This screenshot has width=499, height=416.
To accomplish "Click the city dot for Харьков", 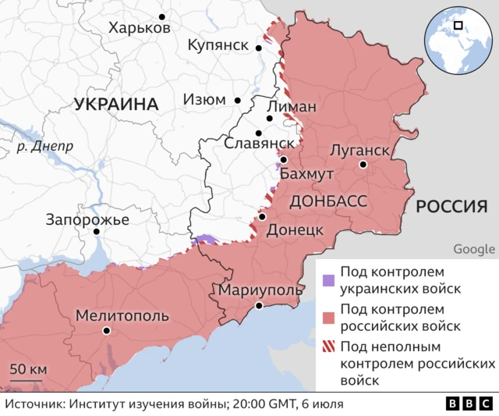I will (x=162, y=16).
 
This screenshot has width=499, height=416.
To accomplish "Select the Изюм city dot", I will (x=239, y=101).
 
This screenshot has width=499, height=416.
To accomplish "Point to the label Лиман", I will (x=292, y=107).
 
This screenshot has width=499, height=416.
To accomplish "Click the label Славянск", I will (x=259, y=144).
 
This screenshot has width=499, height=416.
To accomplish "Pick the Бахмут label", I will (x=306, y=173).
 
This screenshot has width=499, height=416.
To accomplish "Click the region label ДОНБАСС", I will (x=328, y=201).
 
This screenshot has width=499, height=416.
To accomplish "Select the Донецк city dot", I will (x=263, y=217).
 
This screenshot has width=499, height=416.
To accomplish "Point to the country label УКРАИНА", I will (x=116, y=104).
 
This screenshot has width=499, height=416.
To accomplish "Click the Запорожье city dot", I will (x=97, y=232).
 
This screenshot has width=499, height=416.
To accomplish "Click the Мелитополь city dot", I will (x=107, y=331).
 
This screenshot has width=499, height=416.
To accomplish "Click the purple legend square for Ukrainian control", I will (x=329, y=280).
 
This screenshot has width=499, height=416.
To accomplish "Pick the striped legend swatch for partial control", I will (x=329, y=347).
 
